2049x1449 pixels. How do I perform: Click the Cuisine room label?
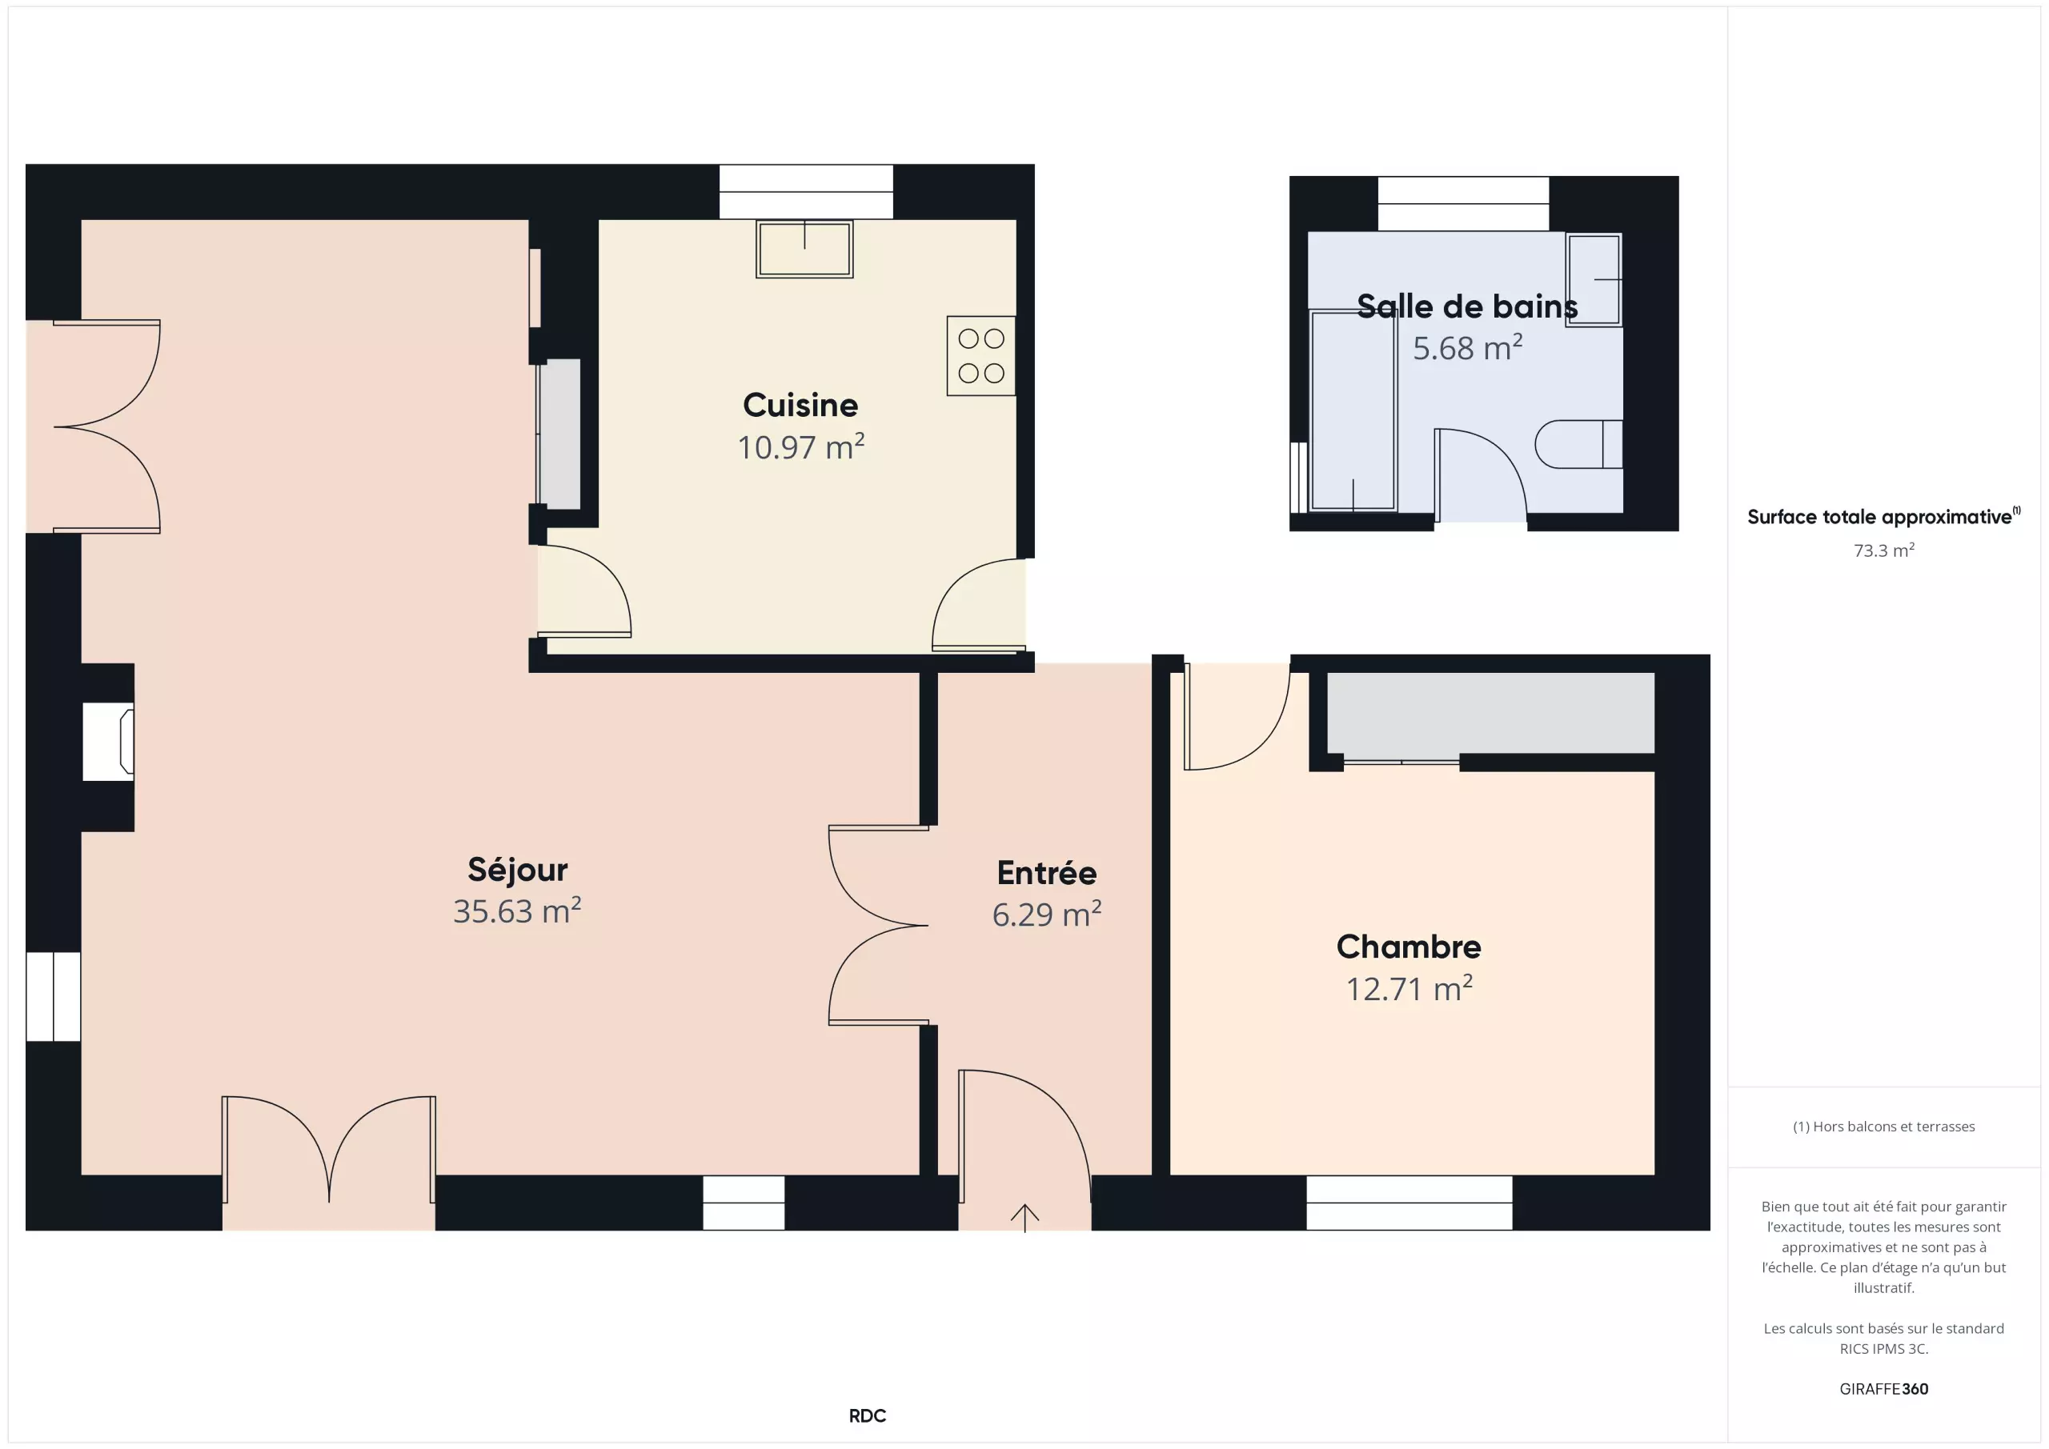[800, 405]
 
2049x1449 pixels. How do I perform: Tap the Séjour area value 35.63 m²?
[518, 911]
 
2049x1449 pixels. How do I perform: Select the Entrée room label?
[1047, 874]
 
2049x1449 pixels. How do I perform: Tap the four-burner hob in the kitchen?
[980, 356]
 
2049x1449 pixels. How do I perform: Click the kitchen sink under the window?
[804, 249]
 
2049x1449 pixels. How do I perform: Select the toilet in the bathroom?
[1578, 444]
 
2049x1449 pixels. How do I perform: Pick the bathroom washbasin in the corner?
[1594, 280]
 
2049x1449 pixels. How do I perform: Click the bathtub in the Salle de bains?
[1353, 410]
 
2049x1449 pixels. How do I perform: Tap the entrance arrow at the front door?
[1024, 1218]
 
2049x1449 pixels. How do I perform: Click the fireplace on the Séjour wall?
[108, 742]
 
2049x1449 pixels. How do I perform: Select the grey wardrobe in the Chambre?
[1490, 713]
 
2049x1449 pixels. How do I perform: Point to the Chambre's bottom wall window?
[1409, 1203]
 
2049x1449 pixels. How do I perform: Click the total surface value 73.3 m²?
[1884, 550]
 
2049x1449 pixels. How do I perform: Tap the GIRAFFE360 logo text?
[1884, 1388]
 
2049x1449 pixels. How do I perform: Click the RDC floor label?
[868, 1416]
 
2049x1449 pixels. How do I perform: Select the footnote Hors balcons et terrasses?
[1884, 1127]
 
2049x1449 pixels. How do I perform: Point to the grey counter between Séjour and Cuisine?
[559, 434]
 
